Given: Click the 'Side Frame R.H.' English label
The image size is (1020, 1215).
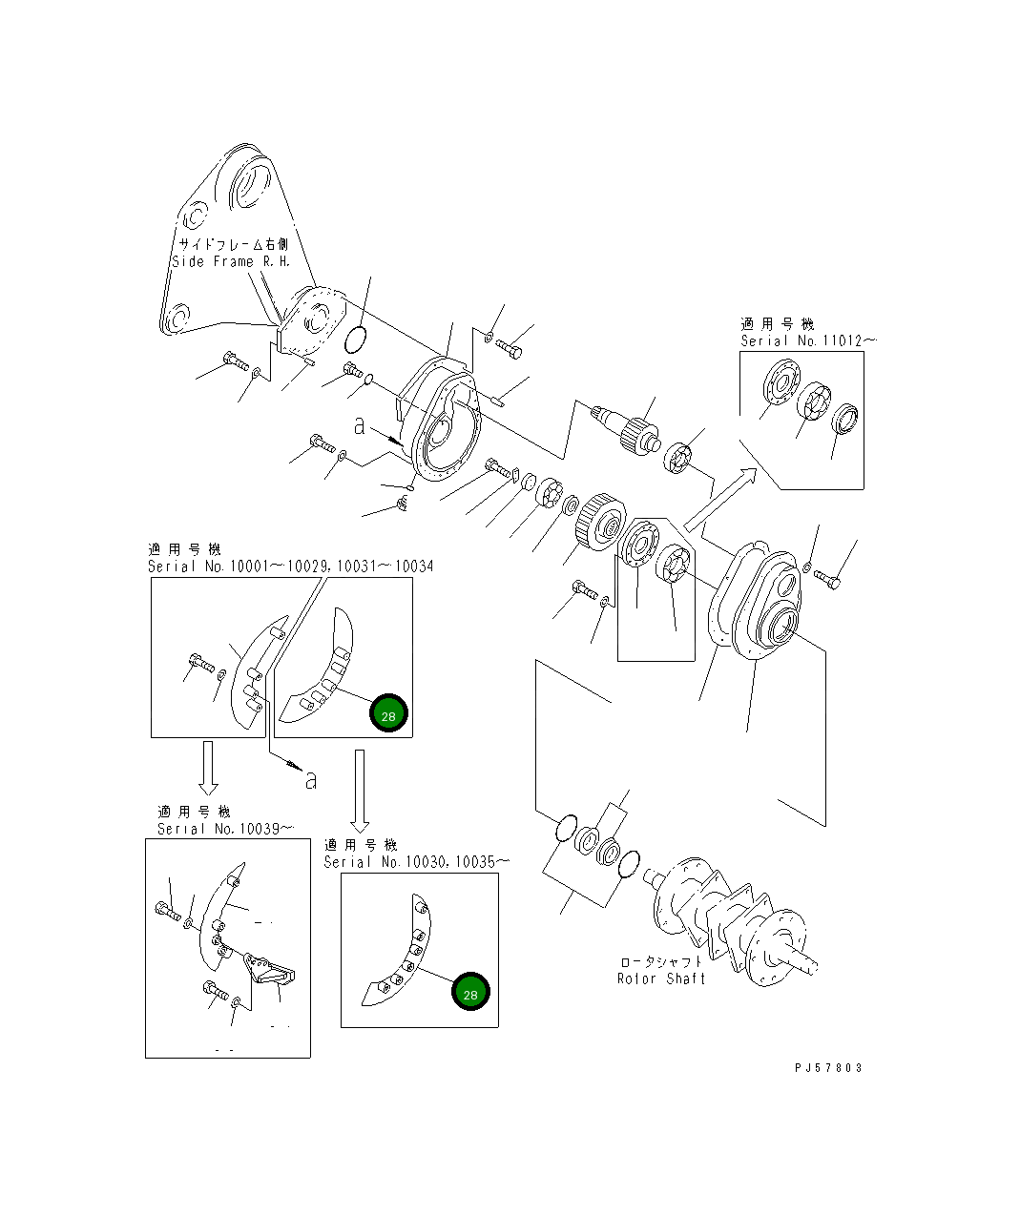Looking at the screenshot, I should coord(230,261).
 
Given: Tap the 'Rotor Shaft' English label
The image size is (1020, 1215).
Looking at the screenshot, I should coord(661,978).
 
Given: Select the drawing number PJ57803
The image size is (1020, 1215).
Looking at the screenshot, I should coord(827,1068).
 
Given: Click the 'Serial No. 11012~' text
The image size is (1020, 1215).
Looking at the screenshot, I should coord(808,340).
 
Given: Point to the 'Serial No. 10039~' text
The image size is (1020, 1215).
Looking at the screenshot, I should coord(226,829).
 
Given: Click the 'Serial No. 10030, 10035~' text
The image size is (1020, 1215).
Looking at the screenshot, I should coord(416,862).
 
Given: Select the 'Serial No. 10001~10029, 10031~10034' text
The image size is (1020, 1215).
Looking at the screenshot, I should coord(290,566).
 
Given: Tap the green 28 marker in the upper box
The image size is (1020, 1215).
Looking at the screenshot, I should coord(388,714).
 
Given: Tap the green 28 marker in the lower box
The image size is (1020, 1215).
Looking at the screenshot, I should coord(470,992).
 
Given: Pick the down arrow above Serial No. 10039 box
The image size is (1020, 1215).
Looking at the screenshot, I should coord(207,768).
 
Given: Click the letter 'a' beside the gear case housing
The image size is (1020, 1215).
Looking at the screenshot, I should coord(359,425).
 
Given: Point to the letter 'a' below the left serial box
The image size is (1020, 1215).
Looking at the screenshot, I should coord(310,780).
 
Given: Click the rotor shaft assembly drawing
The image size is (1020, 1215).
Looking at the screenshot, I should coord(730,916).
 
